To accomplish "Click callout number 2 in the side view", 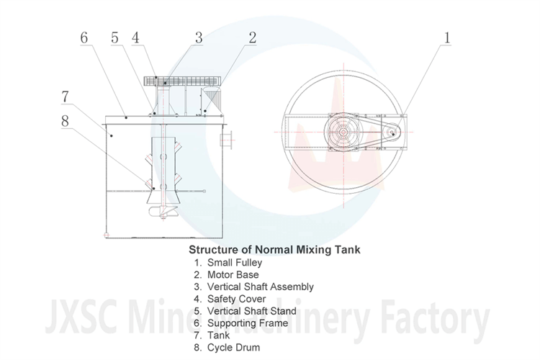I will tap(251, 37).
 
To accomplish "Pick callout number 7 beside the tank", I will tap(65, 96).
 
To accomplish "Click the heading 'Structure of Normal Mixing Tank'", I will tap(274, 250).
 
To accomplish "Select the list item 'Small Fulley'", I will tap(233, 263).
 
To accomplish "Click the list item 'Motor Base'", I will tap(233, 275).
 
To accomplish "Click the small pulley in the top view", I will tap(392, 131).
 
